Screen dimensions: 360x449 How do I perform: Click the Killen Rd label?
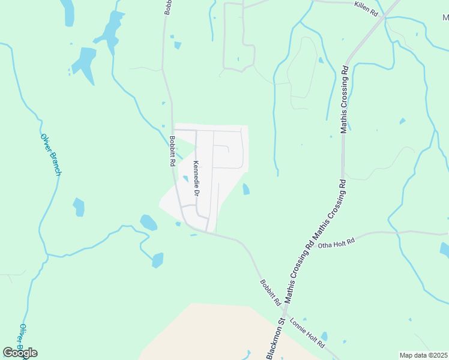click(x=366, y=9)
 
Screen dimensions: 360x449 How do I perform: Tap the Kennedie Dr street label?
click(x=196, y=179)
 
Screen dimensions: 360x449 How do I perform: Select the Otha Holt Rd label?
click(x=337, y=242)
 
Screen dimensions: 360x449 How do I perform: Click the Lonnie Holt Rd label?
click(x=307, y=334)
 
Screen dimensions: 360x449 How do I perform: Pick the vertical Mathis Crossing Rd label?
click(x=344, y=98)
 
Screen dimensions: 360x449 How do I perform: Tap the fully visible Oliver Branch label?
click(x=50, y=155)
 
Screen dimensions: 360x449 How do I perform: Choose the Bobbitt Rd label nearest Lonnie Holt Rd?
click(x=271, y=292)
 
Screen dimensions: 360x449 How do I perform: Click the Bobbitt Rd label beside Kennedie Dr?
click(x=172, y=151)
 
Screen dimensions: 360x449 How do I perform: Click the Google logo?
click(x=20, y=353)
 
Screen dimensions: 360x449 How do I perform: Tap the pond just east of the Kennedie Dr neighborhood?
click(x=246, y=190)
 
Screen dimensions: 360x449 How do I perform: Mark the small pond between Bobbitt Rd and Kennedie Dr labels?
click(x=185, y=178)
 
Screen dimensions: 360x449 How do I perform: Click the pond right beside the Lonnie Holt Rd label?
click(x=324, y=336)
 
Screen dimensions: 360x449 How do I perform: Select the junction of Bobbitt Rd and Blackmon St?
click(x=283, y=313)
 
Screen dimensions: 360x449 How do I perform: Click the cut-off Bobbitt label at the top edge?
click(x=167, y=7)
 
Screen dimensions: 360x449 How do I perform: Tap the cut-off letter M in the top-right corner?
click(x=445, y=17)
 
